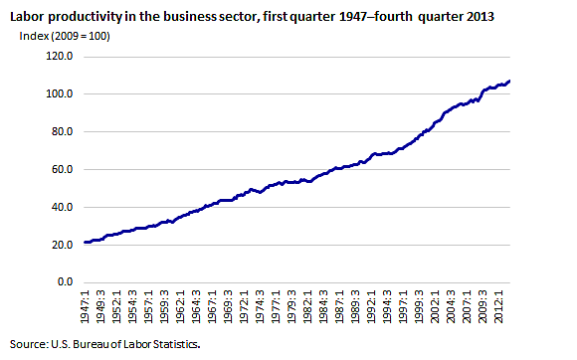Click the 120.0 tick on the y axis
point(60,57)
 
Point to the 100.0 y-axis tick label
point(60,94)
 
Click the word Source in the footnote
point(27,344)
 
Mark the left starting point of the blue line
point(86,242)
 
